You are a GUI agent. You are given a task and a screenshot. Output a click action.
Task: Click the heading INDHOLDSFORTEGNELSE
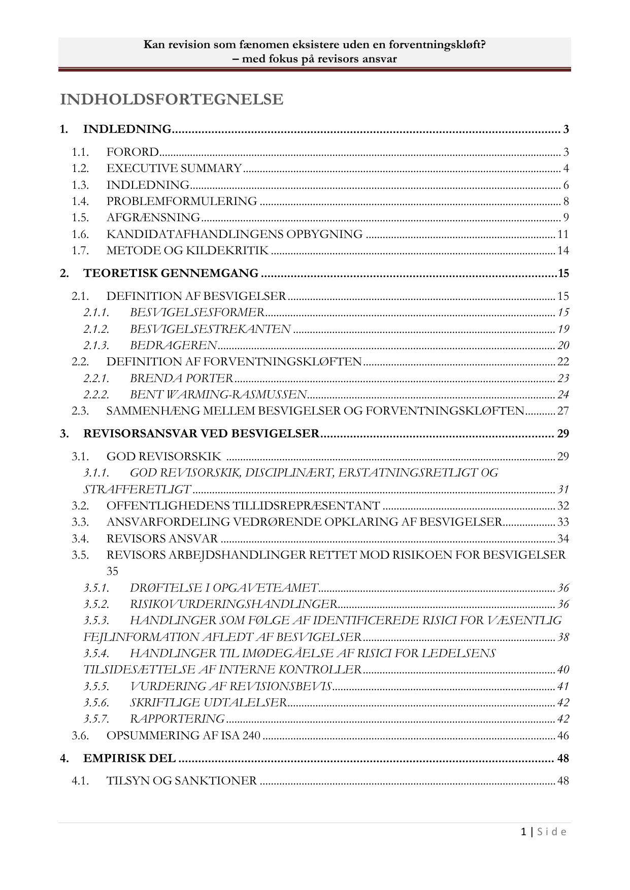(x=172, y=100)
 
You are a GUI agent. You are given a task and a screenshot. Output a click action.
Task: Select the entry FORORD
(x=132, y=152)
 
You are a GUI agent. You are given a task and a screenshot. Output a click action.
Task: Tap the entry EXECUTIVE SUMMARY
(x=174, y=168)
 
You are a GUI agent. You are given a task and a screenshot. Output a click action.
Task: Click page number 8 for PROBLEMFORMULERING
(x=566, y=201)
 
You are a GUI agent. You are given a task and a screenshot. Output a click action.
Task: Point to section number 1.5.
(x=80, y=218)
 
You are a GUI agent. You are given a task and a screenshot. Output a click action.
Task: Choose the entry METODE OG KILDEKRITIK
(x=187, y=251)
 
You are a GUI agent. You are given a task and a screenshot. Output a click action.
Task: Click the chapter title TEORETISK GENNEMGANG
(x=171, y=273)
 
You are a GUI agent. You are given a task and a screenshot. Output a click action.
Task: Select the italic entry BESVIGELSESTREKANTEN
(x=210, y=329)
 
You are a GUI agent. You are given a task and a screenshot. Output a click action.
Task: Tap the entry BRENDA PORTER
(x=181, y=378)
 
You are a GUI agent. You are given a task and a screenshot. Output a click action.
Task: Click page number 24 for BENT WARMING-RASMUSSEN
(x=563, y=395)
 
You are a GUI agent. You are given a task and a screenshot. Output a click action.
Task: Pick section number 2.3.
(x=80, y=411)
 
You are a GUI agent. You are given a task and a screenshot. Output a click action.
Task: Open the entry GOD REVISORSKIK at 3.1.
(x=163, y=457)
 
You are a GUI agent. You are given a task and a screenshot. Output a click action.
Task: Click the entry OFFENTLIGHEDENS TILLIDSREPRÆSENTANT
(x=243, y=506)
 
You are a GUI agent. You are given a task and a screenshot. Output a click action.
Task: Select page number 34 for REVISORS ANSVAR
(x=563, y=539)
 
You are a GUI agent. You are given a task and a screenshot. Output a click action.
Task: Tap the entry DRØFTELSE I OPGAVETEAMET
(x=224, y=588)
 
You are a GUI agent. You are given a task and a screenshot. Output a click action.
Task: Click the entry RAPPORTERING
(x=177, y=719)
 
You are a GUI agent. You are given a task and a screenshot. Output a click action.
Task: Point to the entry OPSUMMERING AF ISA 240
(x=183, y=736)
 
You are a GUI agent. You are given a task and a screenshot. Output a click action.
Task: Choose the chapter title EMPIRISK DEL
(x=129, y=759)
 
